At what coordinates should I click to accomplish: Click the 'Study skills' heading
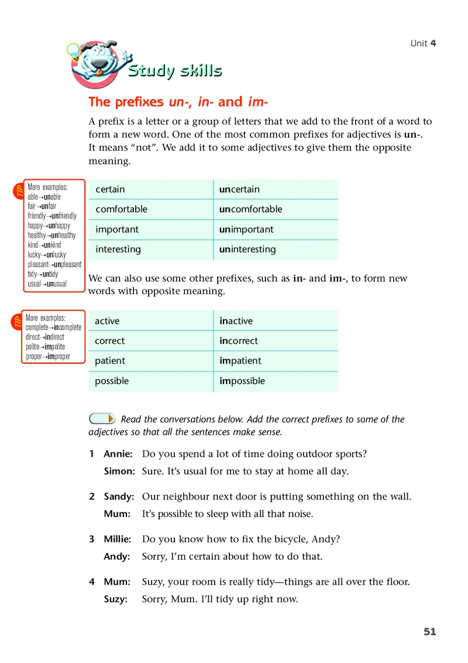click(175, 71)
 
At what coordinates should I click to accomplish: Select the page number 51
click(430, 631)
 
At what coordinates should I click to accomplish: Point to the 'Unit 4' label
click(423, 43)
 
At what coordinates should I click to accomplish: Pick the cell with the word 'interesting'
click(118, 249)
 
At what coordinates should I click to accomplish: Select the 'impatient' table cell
click(240, 361)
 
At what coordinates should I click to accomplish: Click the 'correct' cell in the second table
click(110, 341)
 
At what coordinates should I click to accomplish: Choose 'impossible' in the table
click(242, 381)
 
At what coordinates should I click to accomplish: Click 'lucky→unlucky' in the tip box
click(47, 255)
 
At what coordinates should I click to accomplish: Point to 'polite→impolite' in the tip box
click(45, 347)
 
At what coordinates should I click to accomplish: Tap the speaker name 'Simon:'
click(119, 471)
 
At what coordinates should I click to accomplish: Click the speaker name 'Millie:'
click(118, 539)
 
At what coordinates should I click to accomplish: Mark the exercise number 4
click(92, 582)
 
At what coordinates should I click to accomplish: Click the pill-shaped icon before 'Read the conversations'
click(102, 418)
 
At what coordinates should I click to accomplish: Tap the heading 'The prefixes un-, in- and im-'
click(178, 102)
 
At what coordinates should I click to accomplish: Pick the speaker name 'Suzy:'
click(116, 599)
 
